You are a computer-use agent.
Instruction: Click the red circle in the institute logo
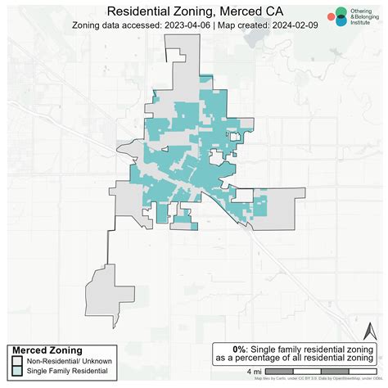pos(330,16)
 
